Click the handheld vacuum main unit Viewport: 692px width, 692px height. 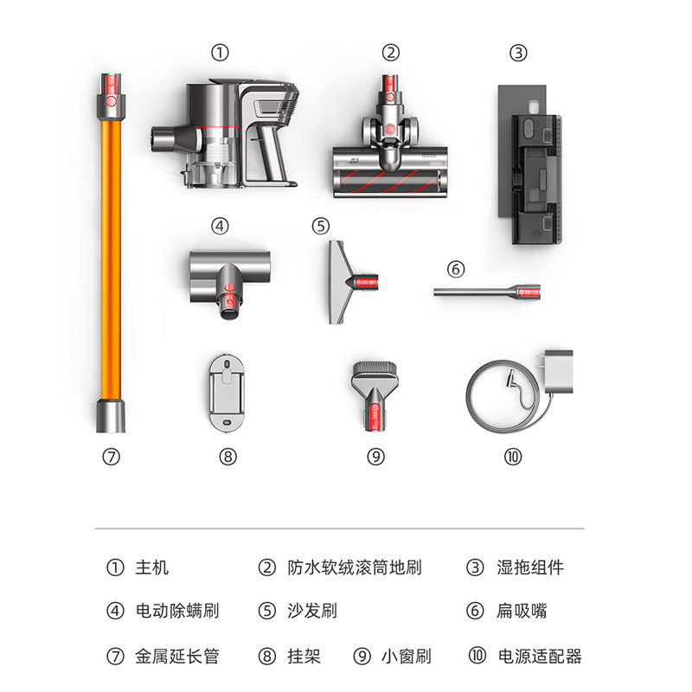click(x=225, y=134)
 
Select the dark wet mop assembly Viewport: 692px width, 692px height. click(x=530, y=164)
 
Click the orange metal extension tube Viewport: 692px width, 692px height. click(x=111, y=253)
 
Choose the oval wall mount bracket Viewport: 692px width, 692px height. click(x=227, y=392)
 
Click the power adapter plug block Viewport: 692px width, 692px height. click(x=557, y=372)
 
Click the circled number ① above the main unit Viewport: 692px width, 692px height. click(x=220, y=53)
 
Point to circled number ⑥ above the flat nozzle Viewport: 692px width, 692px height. click(x=456, y=269)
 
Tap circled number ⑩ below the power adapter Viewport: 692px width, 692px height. click(x=513, y=457)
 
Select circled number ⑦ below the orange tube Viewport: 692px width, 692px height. click(x=111, y=457)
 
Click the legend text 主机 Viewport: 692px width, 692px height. click(x=152, y=567)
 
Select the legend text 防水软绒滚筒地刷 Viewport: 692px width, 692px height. click(x=355, y=567)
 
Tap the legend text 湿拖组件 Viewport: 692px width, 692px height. click(x=530, y=567)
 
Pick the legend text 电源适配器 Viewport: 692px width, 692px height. click(x=540, y=657)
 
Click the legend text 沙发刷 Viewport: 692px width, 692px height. click(x=312, y=612)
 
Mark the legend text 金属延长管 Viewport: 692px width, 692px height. click(x=177, y=657)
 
